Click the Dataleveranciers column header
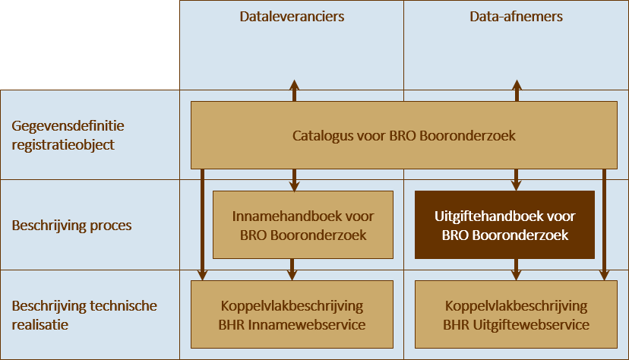click(x=292, y=17)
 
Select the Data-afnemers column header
click(x=517, y=17)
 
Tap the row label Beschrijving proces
click(x=71, y=226)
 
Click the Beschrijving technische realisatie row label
click(x=84, y=314)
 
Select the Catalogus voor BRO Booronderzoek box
click(x=404, y=136)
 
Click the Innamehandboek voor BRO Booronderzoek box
click(x=302, y=226)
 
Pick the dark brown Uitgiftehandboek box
click(x=504, y=226)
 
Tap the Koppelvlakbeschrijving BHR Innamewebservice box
click(x=292, y=315)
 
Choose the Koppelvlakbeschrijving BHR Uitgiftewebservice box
click(x=517, y=315)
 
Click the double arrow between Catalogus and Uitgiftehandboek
click(x=517, y=179)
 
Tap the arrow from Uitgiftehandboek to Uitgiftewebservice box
click(x=517, y=269)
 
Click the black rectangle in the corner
click(x=90, y=45)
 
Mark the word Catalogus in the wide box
click(x=318, y=136)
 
